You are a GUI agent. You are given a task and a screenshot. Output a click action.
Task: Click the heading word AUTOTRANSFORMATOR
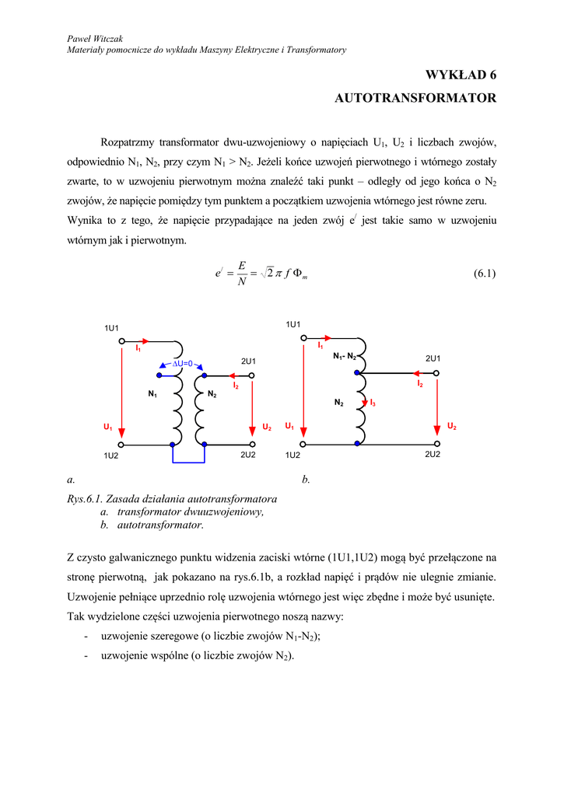point(415,99)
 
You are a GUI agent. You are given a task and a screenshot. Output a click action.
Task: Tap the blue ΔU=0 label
point(181,364)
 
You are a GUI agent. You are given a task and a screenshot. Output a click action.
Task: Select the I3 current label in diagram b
point(373,403)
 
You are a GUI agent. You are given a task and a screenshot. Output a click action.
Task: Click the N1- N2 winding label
point(344,356)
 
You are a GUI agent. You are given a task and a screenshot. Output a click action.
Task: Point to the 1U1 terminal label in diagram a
point(112,328)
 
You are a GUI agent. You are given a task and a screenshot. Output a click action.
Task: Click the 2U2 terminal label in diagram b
point(433,453)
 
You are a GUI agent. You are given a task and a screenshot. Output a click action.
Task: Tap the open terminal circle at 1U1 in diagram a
point(122,340)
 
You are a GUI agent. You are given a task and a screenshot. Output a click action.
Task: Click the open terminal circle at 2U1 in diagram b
point(437,373)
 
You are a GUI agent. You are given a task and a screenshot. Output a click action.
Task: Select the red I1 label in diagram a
point(138,349)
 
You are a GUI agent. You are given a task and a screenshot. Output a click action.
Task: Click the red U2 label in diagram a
point(266,428)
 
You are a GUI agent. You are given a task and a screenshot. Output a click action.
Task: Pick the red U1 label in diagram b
point(289,426)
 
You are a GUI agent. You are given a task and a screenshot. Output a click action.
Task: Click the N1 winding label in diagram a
point(153,395)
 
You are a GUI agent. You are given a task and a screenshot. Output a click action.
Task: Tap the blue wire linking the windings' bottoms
point(187,463)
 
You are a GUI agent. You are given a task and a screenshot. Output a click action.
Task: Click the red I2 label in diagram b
point(420,384)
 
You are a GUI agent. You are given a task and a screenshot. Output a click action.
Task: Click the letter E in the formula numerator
point(243,266)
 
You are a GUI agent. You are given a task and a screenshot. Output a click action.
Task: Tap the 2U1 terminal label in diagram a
point(248,361)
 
